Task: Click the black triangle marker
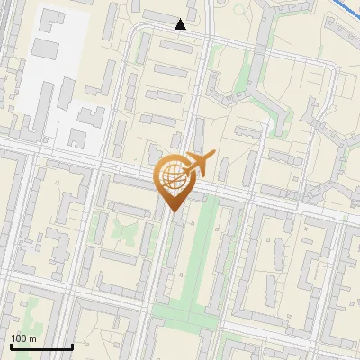coord(181,24)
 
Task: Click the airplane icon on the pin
coord(196,164)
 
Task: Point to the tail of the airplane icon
coord(184,166)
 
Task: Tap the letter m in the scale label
coord(33,338)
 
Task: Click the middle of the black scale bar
coord(41,346)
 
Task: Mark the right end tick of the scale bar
coord(72,346)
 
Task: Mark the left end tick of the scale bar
coord(11,346)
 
